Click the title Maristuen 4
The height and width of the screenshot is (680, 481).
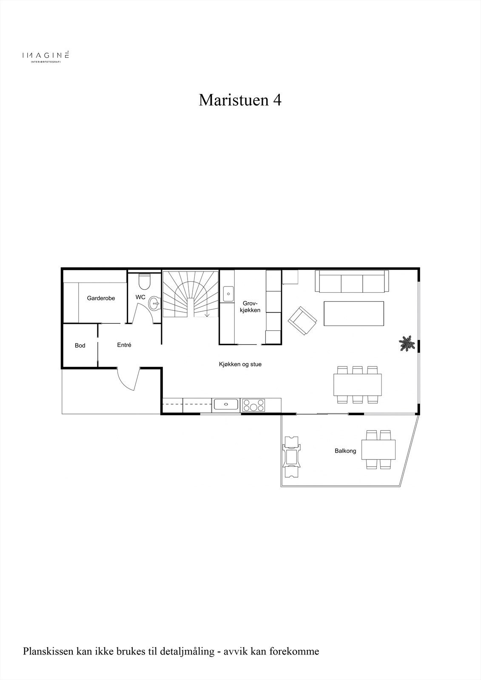pyautogui.click(x=240, y=100)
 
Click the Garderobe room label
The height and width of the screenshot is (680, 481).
pyautogui.click(x=101, y=298)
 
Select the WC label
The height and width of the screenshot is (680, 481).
pyautogui.click(x=140, y=297)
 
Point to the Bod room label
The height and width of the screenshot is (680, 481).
pyautogui.click(x=80, y=346)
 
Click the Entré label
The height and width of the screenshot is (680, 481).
pyautogui.click(x=124, y=345)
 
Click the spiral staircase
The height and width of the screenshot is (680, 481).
pyautogui.click(x=191, y=294)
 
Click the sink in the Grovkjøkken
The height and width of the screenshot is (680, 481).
pyautogui.click(x=228, y=294)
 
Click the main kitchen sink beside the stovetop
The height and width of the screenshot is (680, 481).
pyautogui.click(x=226, y=405)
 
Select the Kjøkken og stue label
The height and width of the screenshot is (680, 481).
pyautogui.click(x=240, y=364)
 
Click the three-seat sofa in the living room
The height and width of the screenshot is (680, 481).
pyautogui.click(x=352, y=281)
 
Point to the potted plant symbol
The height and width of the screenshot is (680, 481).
pyautogui.click(x=407, y=343)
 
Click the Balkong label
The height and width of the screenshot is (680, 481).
pyautogui.click(x=345, y=451)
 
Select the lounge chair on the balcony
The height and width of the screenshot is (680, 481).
pyautogui.click(x=292, y=457)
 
